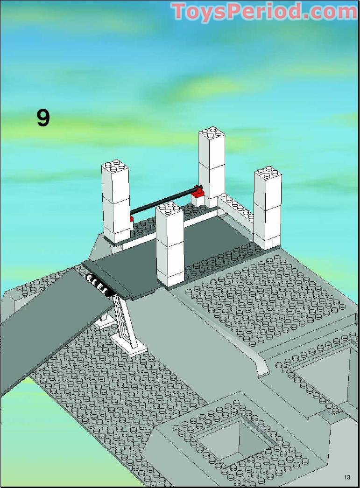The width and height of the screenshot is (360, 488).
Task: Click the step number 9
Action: click(43, 118)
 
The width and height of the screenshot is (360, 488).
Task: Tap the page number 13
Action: click(347, 477)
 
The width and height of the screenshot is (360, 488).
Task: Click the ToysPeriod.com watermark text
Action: click(264, 12)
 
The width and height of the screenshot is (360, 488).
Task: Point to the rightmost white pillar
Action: click(268, 209)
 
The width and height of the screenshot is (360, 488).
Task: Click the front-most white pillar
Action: click(169, 244)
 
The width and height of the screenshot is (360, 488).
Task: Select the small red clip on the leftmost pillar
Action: click(131, 219)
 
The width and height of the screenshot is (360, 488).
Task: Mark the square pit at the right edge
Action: click(330, 374)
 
